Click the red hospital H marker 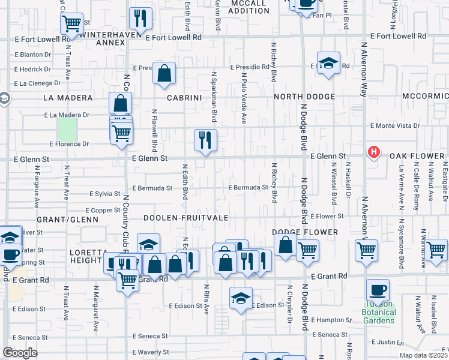click(374, 152)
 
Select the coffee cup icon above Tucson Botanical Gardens click(378, 291)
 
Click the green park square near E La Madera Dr click(68, 130)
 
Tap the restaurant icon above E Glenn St click(205, 140)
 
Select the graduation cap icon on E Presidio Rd click(328, 62)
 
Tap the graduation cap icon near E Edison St click(241, 298)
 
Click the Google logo click(20, 352)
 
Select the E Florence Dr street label click(69, 144)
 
